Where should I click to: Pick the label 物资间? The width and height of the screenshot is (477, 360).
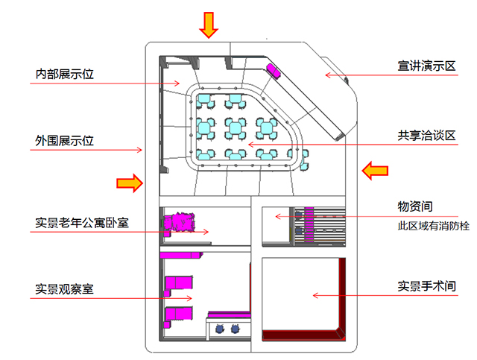(x=415, y=205)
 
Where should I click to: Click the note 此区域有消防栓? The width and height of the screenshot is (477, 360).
(x=434, y=225)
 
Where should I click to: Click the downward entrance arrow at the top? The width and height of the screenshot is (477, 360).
(x=209, y=25)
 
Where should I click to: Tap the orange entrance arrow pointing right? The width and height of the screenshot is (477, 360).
(x=129, y=183)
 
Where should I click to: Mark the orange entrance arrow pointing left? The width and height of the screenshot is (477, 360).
(x=375, y=171)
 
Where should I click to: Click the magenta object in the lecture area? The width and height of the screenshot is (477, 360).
(x=274, y=70)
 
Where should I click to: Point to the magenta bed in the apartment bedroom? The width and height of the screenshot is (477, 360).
(x=179, y=222)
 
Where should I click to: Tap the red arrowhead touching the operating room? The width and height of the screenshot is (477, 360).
(x=315, y=296)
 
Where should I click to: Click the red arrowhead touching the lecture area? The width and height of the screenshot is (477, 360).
(x=326, y=74)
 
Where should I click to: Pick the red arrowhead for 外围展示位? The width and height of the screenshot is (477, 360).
(x=140, y=150)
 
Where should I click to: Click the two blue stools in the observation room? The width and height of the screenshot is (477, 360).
(x=227, y=328)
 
